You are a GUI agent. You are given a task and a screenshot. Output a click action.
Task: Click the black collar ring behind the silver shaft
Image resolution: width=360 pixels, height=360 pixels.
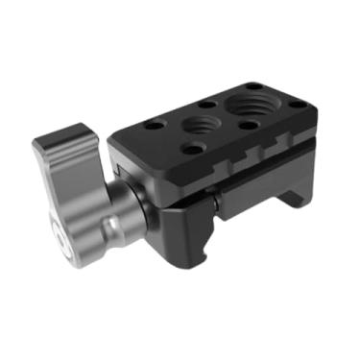(144, 203)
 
